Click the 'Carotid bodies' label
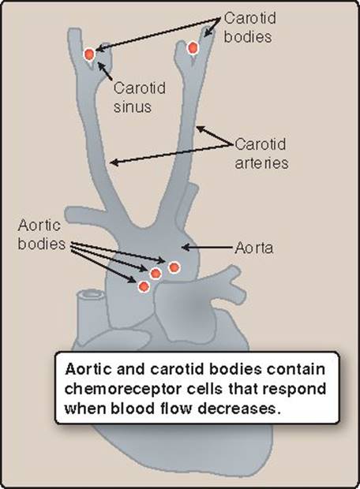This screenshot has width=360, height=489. click(250, 28)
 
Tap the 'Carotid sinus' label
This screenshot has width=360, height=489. click(139, 97)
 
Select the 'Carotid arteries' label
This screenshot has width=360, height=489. click(261, 154)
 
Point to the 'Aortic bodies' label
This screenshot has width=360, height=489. click(42, 234)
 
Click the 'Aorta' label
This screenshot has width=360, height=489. click(254, 248)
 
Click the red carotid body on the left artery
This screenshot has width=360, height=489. click(89, 54)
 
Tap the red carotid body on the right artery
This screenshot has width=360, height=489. click(193, 47)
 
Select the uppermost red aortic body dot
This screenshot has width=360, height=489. click(174, 267)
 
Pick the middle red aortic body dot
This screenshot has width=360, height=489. click(156, 274)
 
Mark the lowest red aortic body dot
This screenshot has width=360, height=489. click(144, 286)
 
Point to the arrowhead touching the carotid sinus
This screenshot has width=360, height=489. click(101, 65)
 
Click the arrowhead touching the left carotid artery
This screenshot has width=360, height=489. click(114, 162)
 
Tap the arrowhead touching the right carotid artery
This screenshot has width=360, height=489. click(201, 129)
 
